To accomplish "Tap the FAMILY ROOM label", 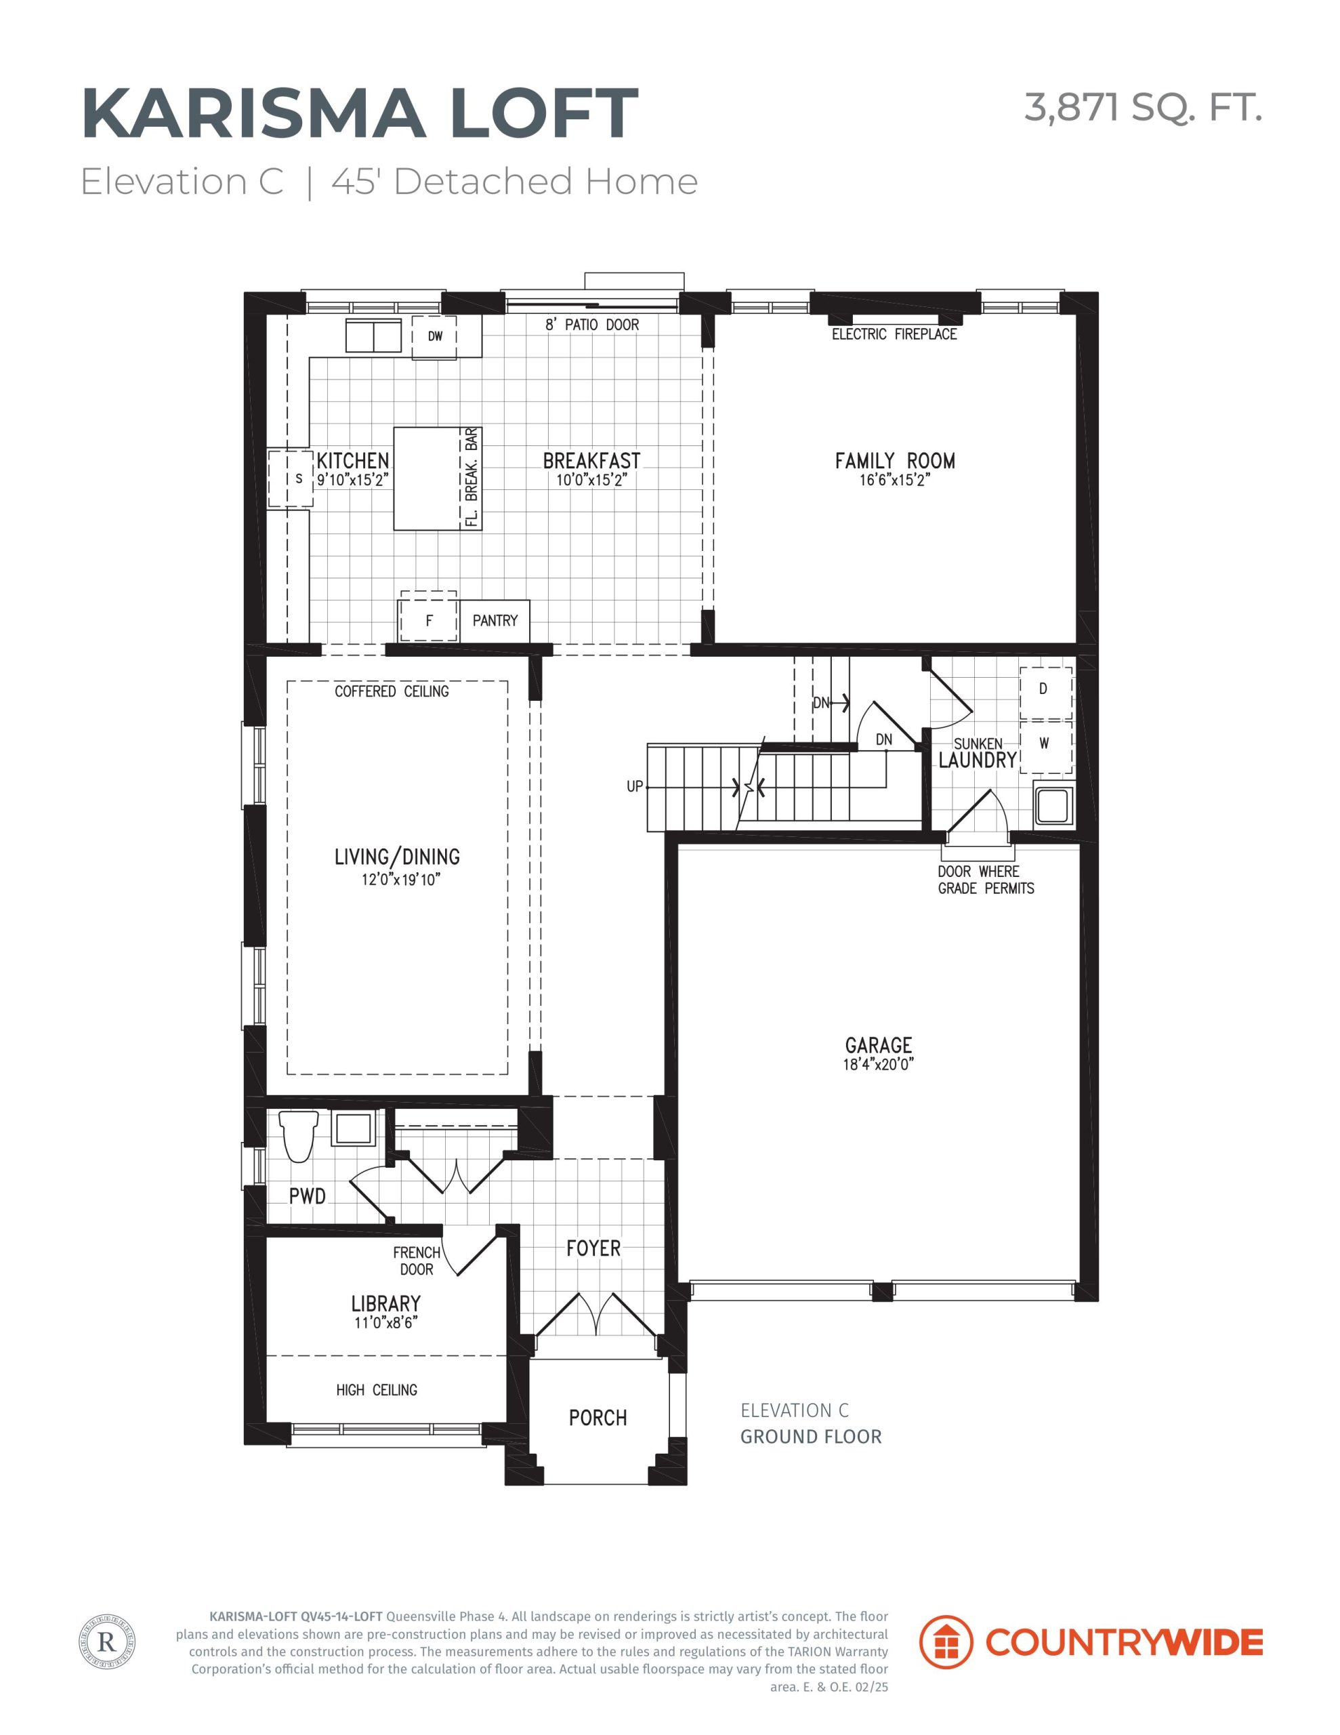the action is pos(894,461).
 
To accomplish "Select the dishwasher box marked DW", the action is pos(434,337).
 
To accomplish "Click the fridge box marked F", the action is pos(429,620).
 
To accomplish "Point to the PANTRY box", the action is pos(494,620).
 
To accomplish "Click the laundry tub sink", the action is pos(1055,804).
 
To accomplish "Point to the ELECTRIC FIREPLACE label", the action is pos(894,334).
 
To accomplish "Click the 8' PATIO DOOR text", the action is pos(592,325).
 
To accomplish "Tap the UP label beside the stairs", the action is pos(635,786).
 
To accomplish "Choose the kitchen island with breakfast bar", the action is pos(438,478).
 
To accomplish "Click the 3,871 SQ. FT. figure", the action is pos(1143,107).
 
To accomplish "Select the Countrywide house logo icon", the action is pos(945,1642).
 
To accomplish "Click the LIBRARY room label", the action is pos(386,1304).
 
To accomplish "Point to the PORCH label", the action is pos(598,1417).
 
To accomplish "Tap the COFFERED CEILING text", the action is pos(392,691).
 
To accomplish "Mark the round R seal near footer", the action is pos(107,1642).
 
